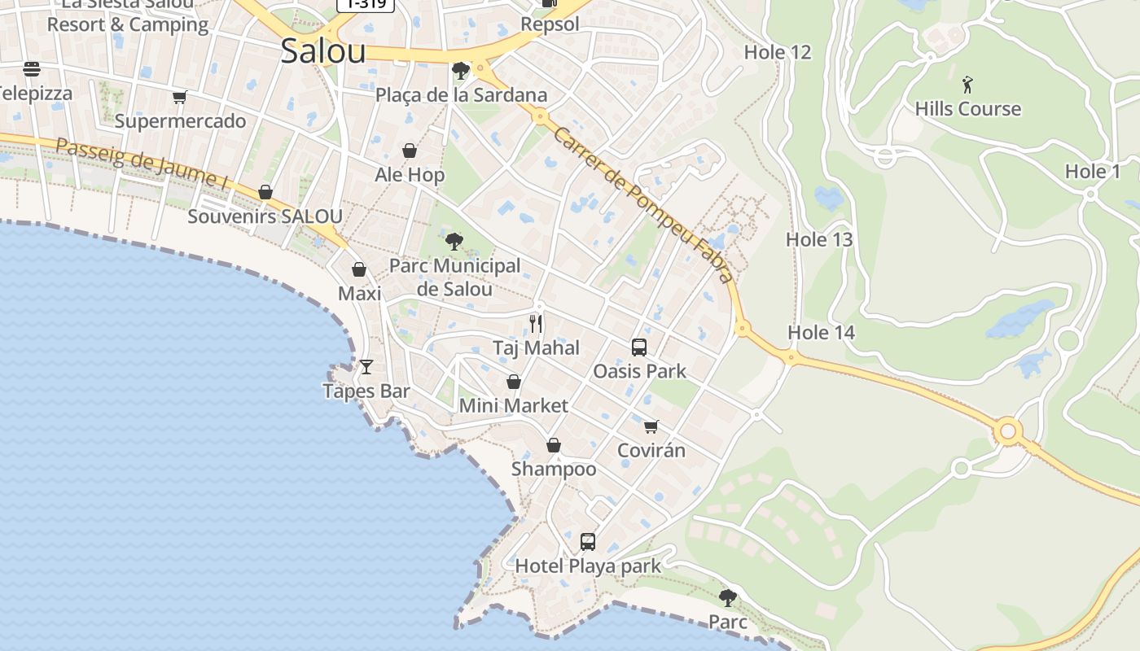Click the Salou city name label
pyautogui.click(x=323, y=50)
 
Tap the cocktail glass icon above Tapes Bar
pyautogui.click(x=366, y=366)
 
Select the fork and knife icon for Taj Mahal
pyautogui.click(x=536, y=323)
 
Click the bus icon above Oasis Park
pyautogui.click(x=639, y=347)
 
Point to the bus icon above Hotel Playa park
pyautogui.click(x=588, y=541)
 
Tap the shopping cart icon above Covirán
pyautogui.click(x=651, y=426)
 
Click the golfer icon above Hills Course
pyautogui.click(x=967, y=84)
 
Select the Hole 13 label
pyautogui.click(x=819, y=239)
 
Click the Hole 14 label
pyautogui.click(x=821, y=332)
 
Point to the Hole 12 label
pyautogui.click(x=778, y=53)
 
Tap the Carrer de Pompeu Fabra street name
pyautogui.click(x=643, y=204)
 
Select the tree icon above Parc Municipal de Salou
pyautogui.click(x=454, y=241)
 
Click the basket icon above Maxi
pyautogui.click(x=359, y=269)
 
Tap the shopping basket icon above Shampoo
pyautogui.click(x=554, y=445)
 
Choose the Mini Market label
pyautogui.click(x=514, y=405)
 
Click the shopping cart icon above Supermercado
pyautogui.click(x=179, y=98)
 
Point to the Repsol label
pyautogui.click(x=550, y=24)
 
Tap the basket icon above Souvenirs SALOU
pyautogui.click(x=265, y=192)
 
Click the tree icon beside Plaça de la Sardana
pyautogui.click(x=460, y=71)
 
